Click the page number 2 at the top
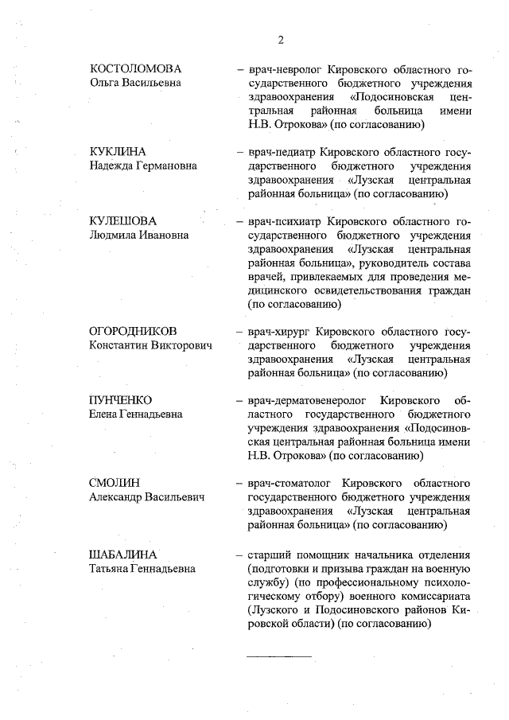pos(281,40)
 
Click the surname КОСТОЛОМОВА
pos(136,68)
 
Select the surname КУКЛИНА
pos(119,151)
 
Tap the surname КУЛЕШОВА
pos(123,220)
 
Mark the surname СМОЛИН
pos(112,483)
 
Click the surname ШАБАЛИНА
pos(123,554)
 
